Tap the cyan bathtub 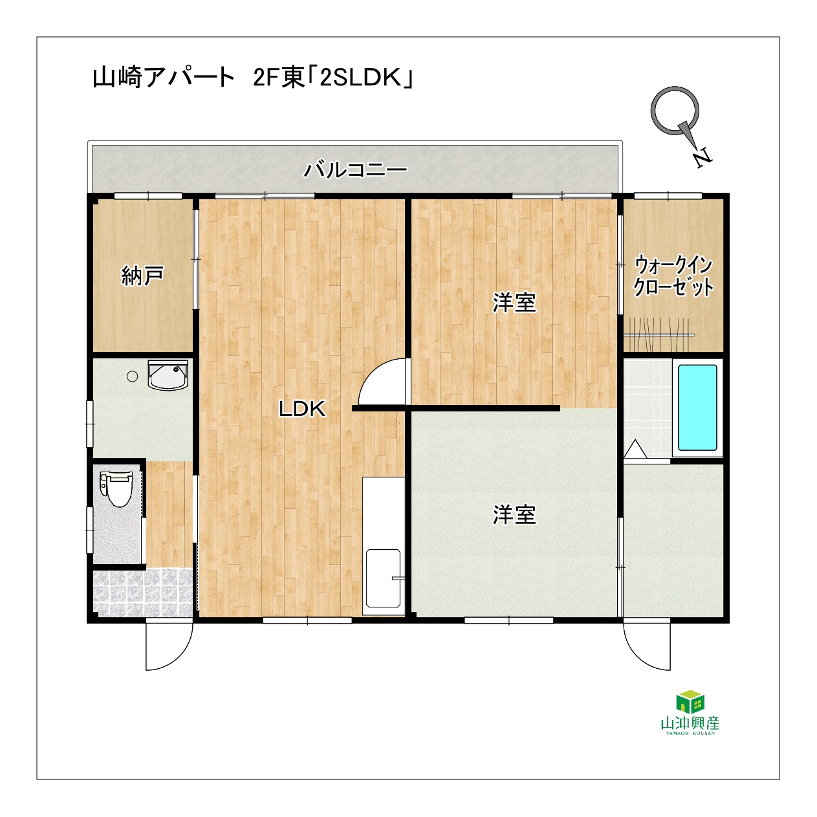pyautogui.click(x=697, y=408)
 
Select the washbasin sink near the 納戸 pyautogui.click(x=168, y=375)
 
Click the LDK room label pyautogui.click(x=302, y=409)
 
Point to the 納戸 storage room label pyautogui.click(x=142, y=276)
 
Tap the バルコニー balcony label pyautogui.click(x=355, y=170)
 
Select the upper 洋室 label pyautogui.click(x=514, y=303)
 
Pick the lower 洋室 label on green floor pyautogui.click(x=514, y=515)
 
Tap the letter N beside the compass pyautogui.click(x=703, y=158)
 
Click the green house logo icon pyautogui.click(x=690, y=701)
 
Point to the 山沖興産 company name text pyautogui.click(x=690, y=723)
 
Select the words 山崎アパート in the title pyautogui.click(x=164, y=78)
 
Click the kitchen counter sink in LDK pyautogui.click(x=384, y=579)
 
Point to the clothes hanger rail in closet pyautogui.click(x=659, y=335)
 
